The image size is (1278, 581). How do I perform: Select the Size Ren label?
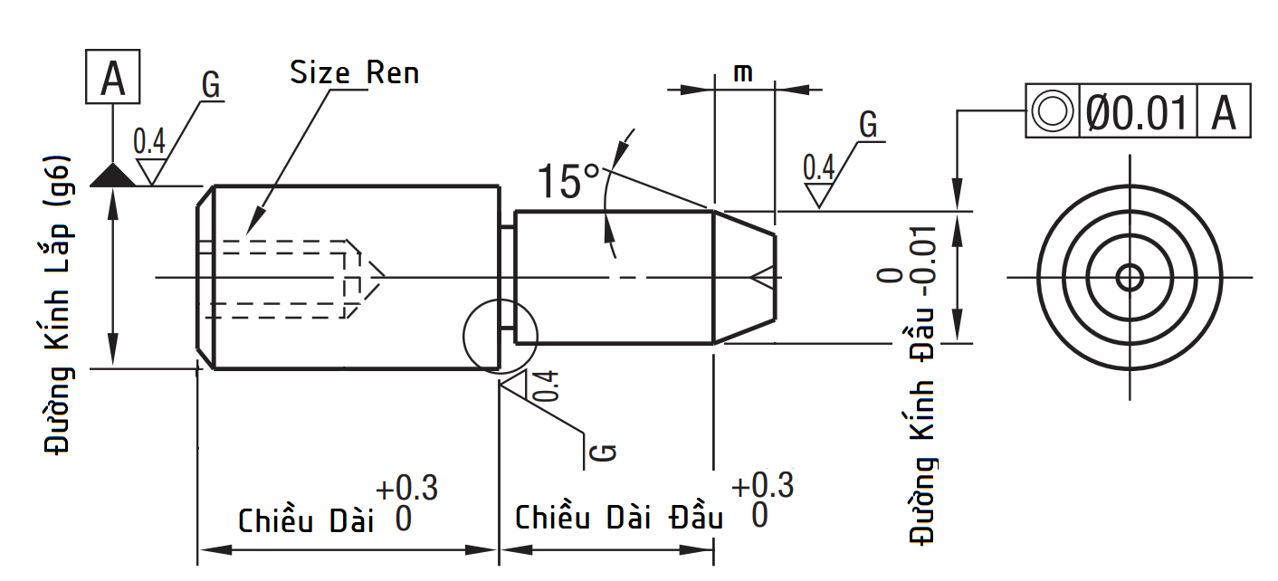[x=354, y=73]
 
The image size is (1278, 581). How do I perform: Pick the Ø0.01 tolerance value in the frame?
[x=1137, y=112]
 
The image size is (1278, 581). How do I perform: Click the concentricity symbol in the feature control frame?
[x=1052, y=112]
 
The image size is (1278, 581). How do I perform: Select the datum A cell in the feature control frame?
[x=1224, y=112]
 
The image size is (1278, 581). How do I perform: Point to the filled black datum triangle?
[x=112, y=175]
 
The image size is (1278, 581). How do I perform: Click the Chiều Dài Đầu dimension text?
[x=619, y=519]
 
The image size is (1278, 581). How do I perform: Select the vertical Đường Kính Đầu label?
[x=922, y=398]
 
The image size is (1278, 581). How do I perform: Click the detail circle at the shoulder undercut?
[x=500, y=334]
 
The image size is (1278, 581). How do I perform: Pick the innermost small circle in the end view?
[x=1129, y=277]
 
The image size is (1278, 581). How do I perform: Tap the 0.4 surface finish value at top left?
[x=149, y=142]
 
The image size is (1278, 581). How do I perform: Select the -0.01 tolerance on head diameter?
[x=922, y=262]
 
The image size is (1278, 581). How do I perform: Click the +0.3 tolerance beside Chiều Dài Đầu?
[x=762, y=486]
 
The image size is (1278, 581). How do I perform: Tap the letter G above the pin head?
[x=868, y=125]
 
